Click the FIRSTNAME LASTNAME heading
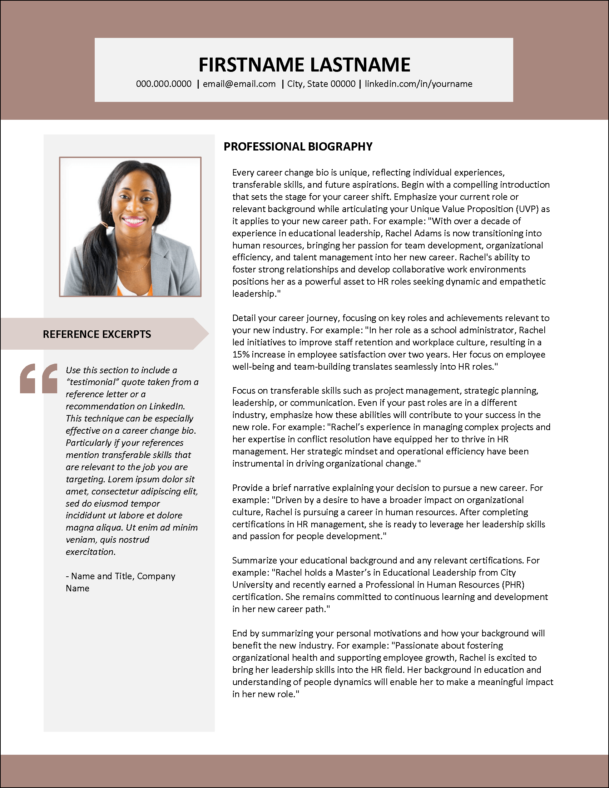(x=304, y=65)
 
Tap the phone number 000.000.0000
(x=164, y=84)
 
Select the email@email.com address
(x=239, y=84)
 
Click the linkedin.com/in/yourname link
(x=418, y=84)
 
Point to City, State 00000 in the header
(x=321, y=84)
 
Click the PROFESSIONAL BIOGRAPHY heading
(x=298, y=147)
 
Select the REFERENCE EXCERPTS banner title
(x=96, y=334)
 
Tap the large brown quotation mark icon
(x=39, y=378)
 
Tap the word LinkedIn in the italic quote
(x=167, y=406)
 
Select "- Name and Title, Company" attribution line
(x=120, y=576)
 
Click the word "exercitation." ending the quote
(x=90, y=552)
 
